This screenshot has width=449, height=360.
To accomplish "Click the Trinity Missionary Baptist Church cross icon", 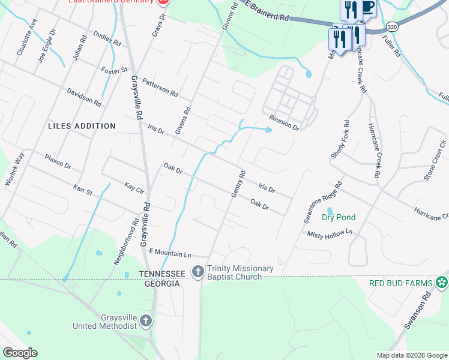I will click(x=197, y=272).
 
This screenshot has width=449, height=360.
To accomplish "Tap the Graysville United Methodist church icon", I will click(x=145, y=322).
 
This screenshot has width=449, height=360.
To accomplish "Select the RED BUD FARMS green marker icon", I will click(x=442, y=282).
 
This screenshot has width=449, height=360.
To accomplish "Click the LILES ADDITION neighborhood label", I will click(x=82, y=126).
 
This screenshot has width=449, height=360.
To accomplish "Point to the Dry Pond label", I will click(x=339, y=217).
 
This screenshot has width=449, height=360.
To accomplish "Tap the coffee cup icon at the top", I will click(x=367, y=8).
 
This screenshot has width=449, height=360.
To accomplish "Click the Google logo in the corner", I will click(x=20, y=353).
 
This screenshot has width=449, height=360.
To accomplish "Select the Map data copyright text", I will click(x=411, y=355).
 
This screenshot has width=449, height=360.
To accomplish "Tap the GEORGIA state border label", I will click(x=162, y=283).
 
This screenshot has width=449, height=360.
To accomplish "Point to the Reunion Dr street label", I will click(x=284, y=122).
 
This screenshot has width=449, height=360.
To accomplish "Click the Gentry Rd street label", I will click(x=238, y=184).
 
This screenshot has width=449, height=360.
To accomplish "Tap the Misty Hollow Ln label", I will click(x=329, y=233).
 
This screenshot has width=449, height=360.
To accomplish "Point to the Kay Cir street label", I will click(x=135, y=188).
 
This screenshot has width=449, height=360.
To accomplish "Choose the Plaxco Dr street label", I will click(x=58, y=161).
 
